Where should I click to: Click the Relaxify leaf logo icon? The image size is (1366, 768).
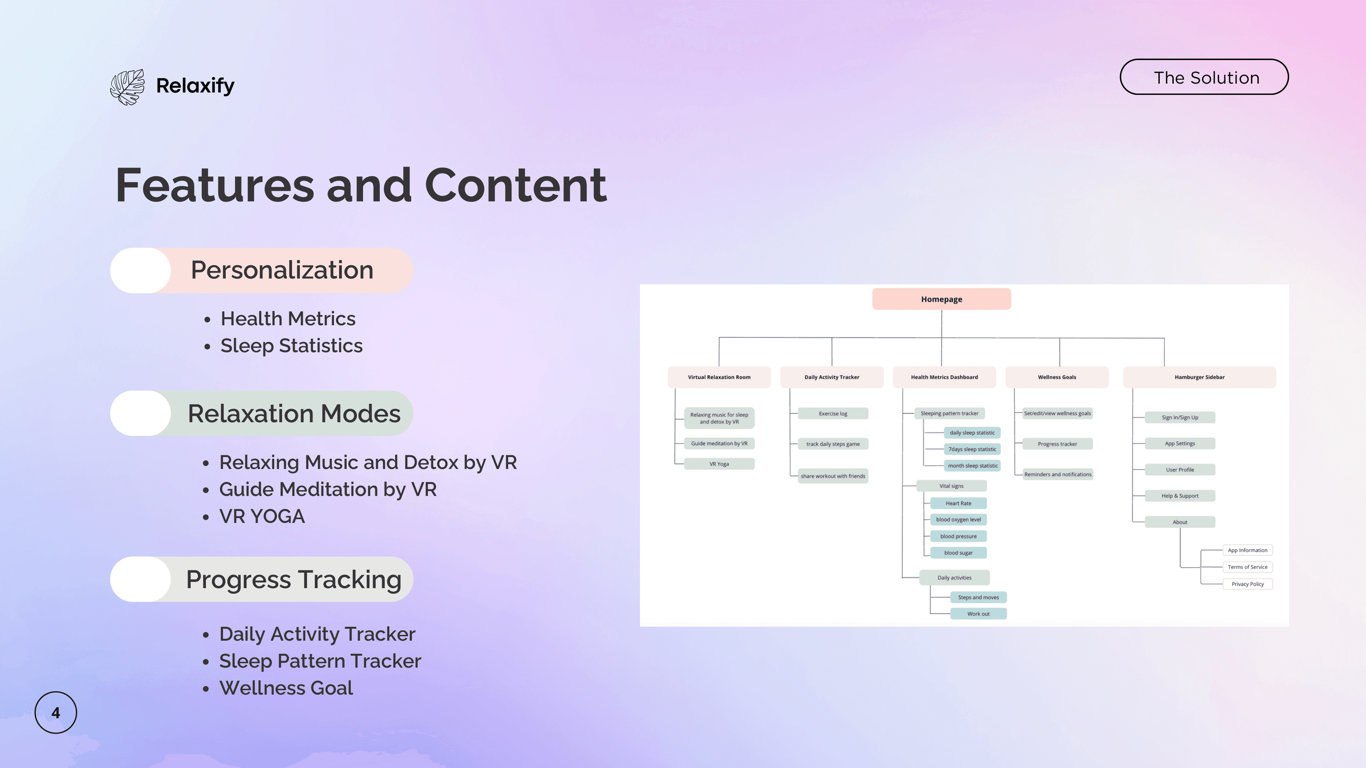127,87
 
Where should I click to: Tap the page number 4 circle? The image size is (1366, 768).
56,712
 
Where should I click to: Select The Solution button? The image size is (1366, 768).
1204,77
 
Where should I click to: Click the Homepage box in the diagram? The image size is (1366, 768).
941,299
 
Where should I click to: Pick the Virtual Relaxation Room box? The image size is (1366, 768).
719,377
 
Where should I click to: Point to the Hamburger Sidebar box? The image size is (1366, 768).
1199,377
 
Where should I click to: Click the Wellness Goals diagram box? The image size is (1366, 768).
1057,377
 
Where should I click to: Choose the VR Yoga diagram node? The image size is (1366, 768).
719,464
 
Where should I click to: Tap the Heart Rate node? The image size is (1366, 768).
958,503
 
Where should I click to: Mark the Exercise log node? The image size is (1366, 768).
833,413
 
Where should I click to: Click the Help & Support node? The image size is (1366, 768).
1180,496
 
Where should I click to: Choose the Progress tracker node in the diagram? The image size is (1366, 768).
1057,444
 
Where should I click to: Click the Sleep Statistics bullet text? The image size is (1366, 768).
291,345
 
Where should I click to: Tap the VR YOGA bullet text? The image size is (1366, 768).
262,516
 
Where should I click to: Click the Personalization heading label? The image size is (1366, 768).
282,270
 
